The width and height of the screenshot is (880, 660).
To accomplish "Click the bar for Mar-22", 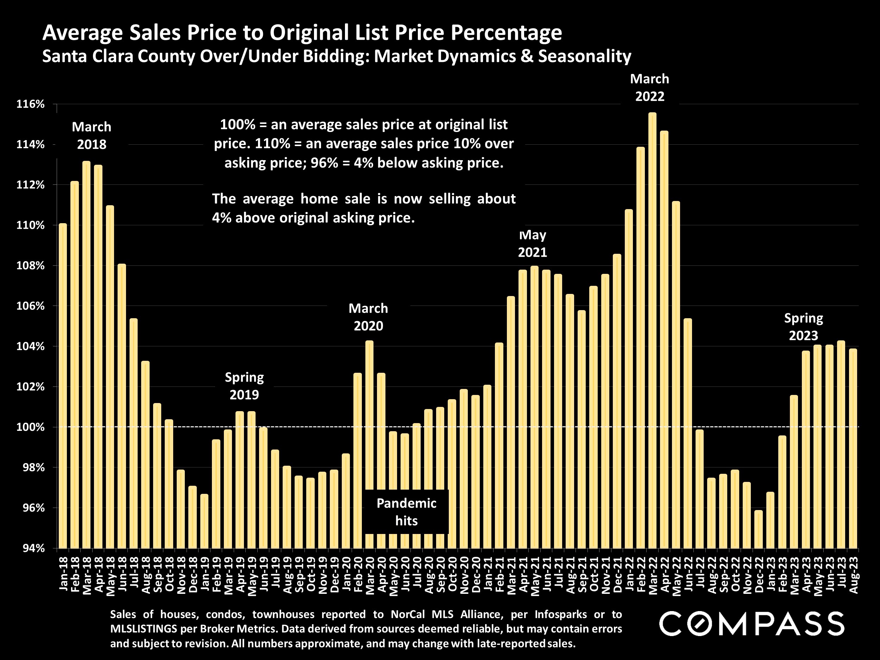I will [653, 330].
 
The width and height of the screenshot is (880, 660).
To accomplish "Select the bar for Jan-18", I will [63, 386].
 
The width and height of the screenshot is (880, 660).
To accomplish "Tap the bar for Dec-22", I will [759, 529].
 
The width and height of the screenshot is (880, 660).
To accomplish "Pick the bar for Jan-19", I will [204, 521].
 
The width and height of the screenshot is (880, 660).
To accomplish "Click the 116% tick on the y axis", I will [30, 104].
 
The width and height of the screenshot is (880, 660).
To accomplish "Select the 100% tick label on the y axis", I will [30, 427].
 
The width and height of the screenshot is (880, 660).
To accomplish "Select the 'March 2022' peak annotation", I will [650, 88].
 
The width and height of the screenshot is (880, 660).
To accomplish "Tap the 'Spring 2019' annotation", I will [244, 386].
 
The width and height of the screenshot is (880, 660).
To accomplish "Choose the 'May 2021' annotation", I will [532, 244].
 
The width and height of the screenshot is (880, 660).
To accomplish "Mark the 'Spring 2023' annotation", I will [803, 327].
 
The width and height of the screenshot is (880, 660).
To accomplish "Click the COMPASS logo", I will [751, 623].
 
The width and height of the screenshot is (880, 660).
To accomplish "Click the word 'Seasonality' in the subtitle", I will [584, 56].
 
